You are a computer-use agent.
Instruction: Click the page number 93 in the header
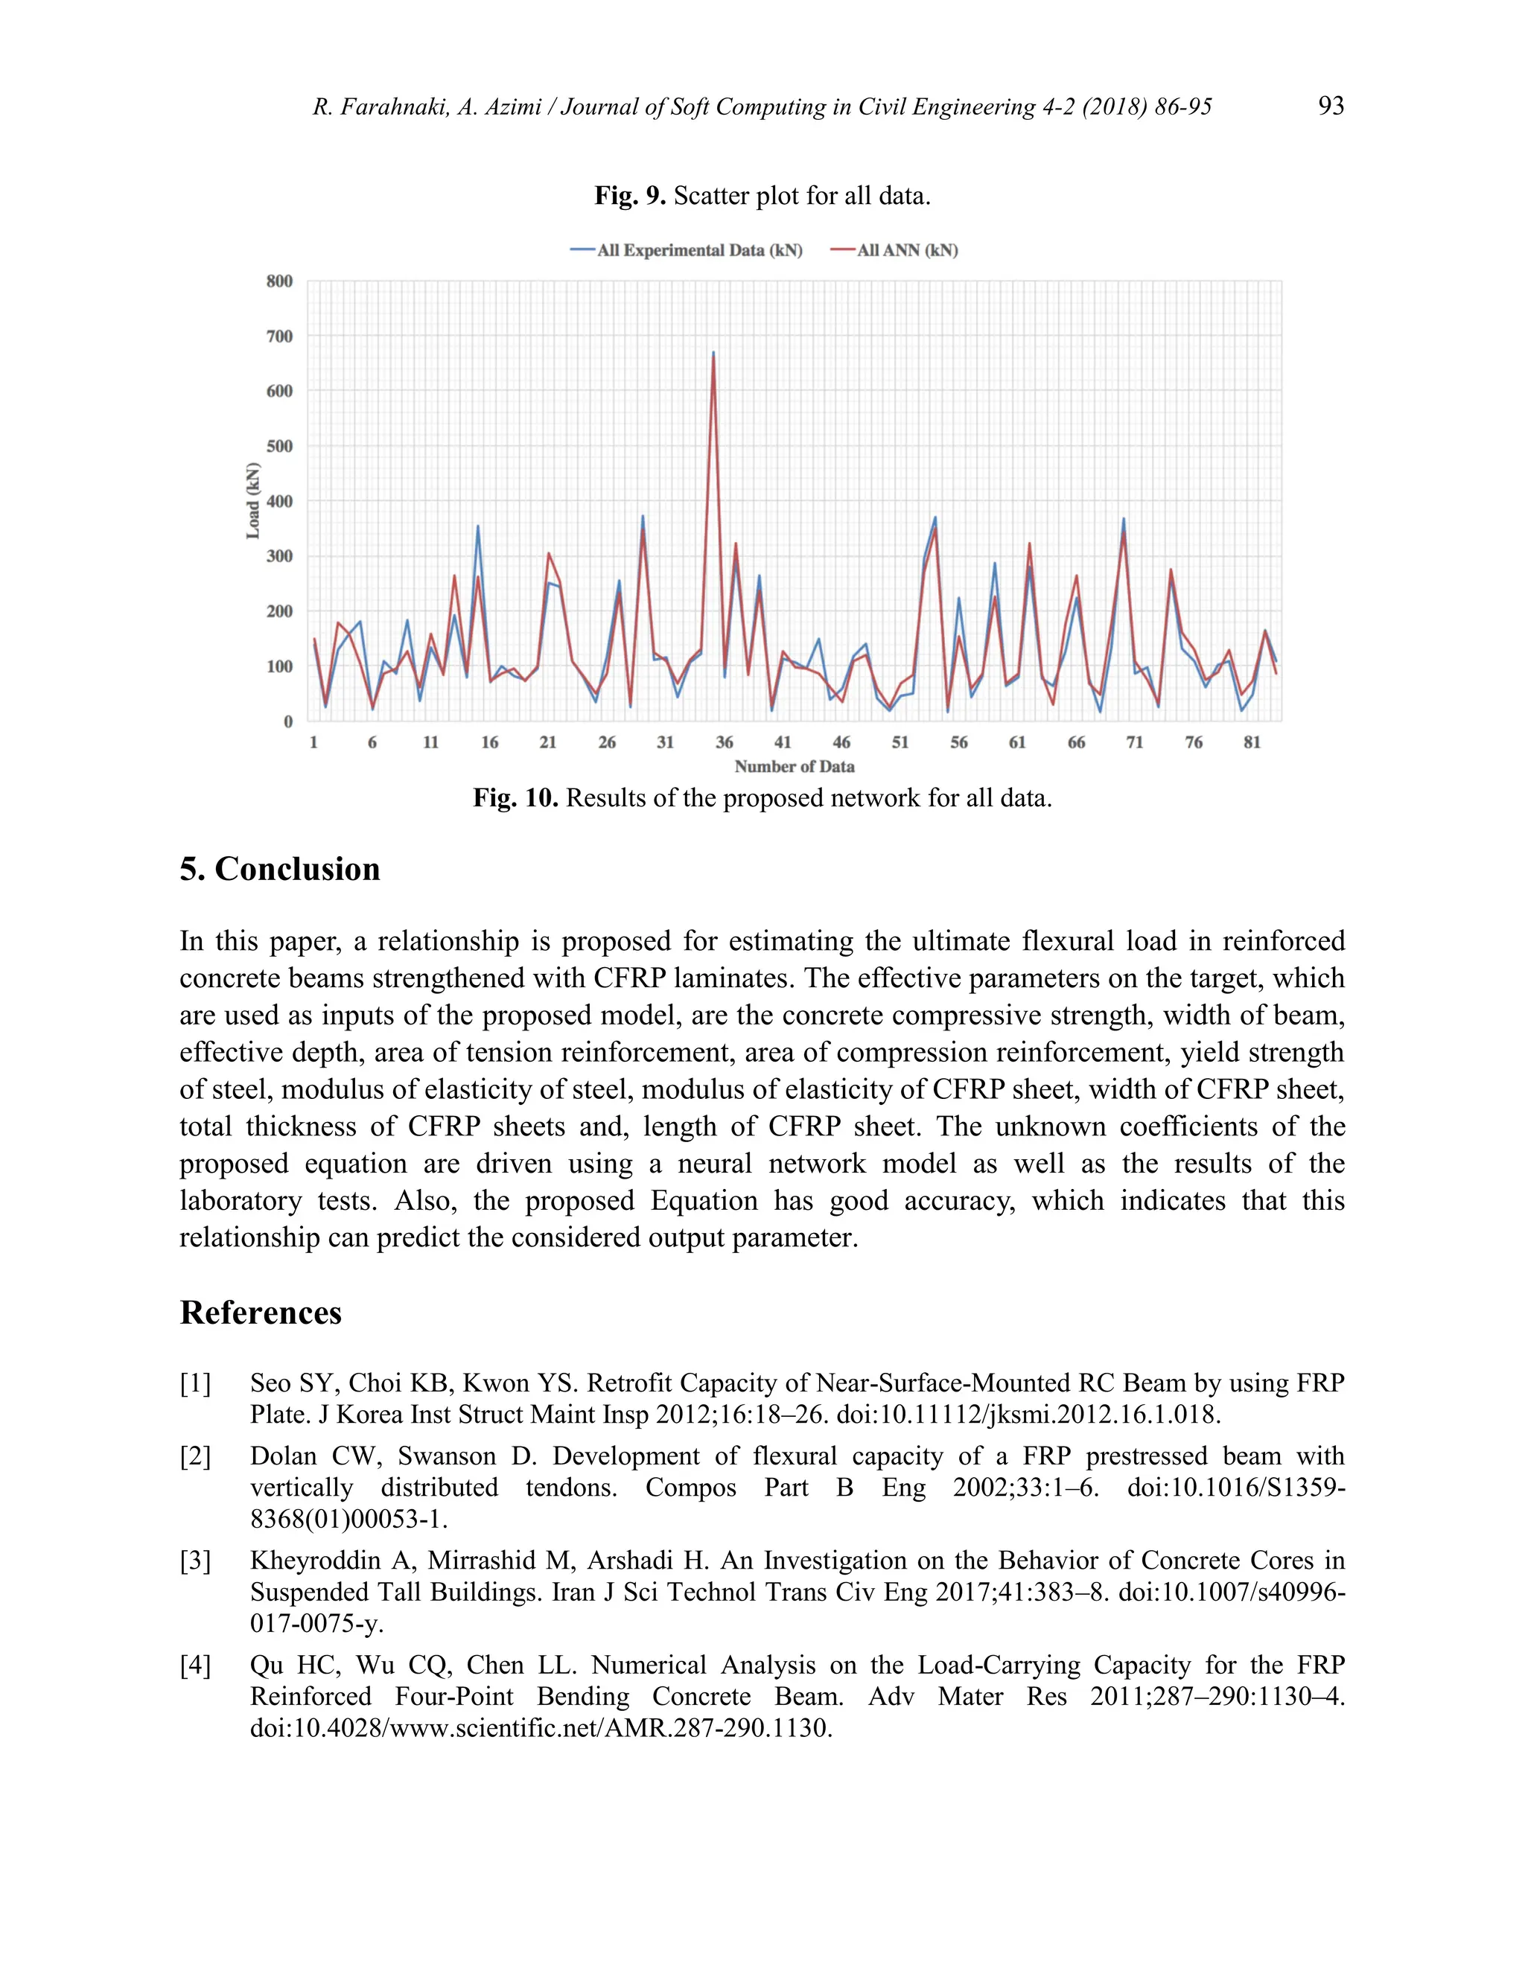point(1331,106)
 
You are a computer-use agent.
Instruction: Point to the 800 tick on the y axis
point(279,281)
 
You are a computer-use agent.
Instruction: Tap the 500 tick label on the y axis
point(279,446)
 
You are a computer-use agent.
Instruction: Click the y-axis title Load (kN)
point(253,500)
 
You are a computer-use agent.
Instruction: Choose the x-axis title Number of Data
point(794,766)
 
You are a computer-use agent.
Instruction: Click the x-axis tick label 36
point(724,742)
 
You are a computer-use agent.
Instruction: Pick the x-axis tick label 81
point(1251,742)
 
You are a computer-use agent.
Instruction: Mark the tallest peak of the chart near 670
point(713,353)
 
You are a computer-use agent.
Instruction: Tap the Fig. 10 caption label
point(515,799)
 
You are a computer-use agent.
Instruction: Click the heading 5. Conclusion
point(280,868)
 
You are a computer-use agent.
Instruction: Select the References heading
point(261,1313)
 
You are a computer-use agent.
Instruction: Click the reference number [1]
point(195,1383)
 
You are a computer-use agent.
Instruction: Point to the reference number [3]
point(195,1560)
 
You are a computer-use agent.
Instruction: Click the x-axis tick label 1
point(313,742)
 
